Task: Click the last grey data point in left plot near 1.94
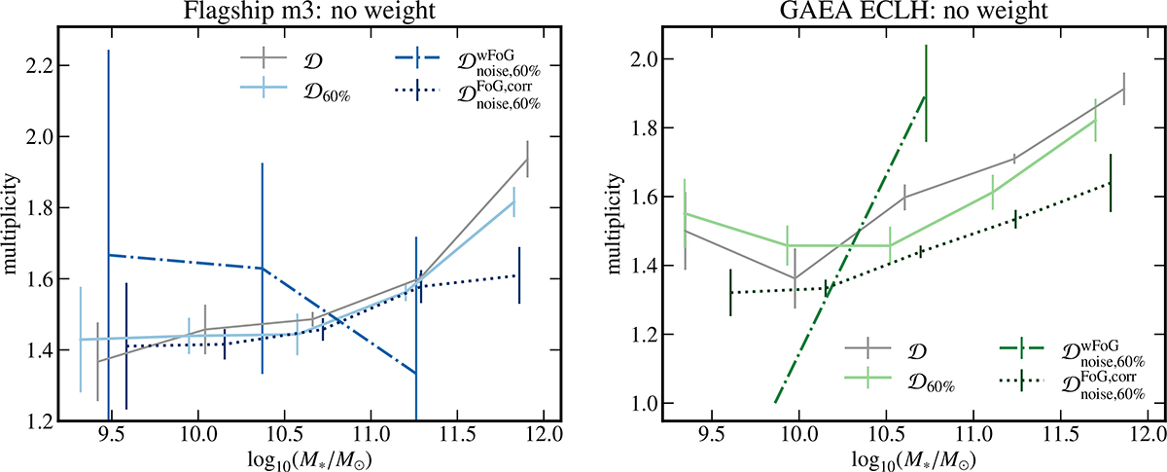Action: pyautogui.click(x=527, y=159)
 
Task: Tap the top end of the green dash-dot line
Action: pyautogui.click(x=925, y=94)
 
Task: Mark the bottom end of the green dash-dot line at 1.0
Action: pyautogui.click(x=775, y=403)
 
